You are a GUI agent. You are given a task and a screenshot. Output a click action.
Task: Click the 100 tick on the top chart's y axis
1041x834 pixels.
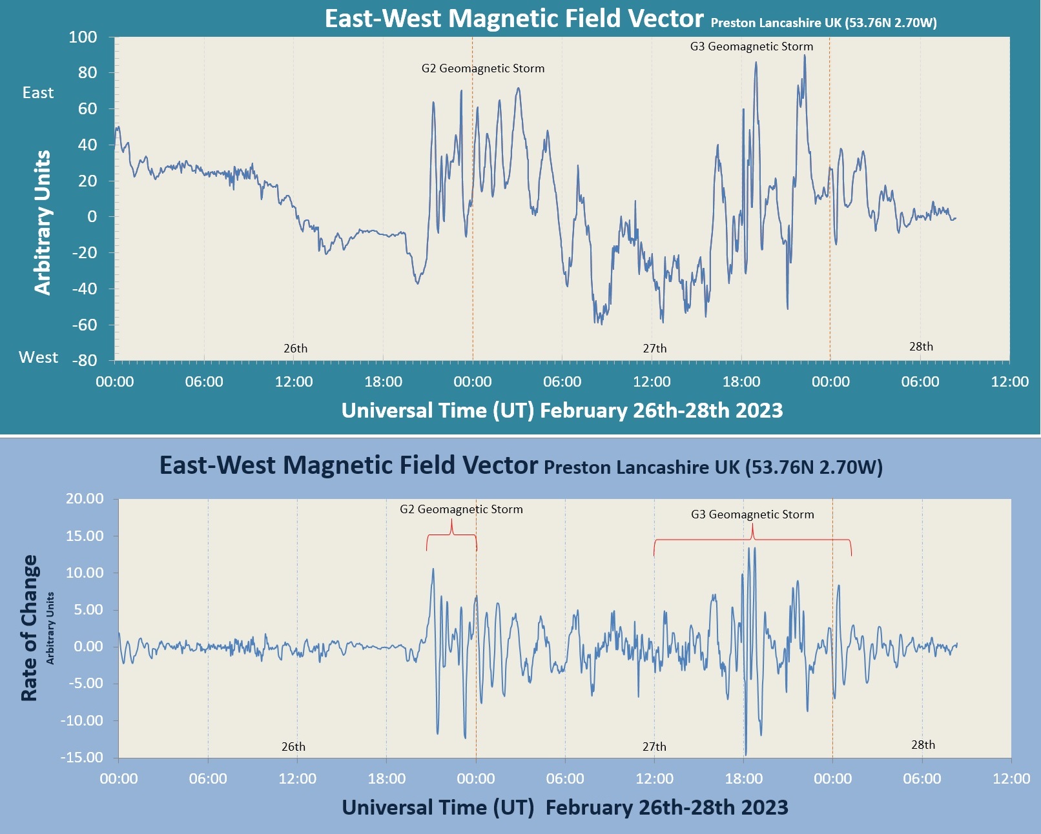click(x=83, y=37)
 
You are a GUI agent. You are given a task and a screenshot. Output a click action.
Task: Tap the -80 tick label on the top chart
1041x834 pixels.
click(x=84, y=361)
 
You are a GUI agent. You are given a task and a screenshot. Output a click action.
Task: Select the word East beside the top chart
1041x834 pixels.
click(x=38, y=93)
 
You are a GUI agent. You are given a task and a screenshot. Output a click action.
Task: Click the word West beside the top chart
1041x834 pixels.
click(x=38, y=358)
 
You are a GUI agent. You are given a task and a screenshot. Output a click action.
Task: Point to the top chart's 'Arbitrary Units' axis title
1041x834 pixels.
click(x=43, y=223)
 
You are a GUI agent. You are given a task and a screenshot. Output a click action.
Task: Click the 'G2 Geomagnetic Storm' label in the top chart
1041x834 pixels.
click(x=483, y=68)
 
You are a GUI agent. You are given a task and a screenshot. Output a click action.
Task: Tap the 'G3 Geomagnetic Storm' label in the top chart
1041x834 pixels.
click(x=752, y=46)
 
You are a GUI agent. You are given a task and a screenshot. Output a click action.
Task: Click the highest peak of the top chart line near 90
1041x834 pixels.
click(x=804, y=56)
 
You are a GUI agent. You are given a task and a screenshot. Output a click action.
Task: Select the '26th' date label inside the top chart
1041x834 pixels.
click(x=296, y=349)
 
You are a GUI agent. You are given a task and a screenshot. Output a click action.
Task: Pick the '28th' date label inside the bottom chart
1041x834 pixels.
click(x=923, y=745)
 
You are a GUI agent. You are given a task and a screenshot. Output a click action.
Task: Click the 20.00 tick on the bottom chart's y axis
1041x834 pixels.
click(x=85, y=498)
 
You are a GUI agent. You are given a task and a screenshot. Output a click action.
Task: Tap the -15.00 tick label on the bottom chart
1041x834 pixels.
click(x=81, y=757)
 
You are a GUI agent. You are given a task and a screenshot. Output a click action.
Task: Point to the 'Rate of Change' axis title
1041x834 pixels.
click(x=29, y=627)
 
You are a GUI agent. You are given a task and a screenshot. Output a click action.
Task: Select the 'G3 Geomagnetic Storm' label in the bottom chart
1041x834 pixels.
click(x=752, y=514)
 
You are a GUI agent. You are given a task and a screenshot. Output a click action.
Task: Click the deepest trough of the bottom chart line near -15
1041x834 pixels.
click(x=746, y=754)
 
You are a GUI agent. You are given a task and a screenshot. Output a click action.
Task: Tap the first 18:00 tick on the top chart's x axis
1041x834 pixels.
click(x=383, y=381)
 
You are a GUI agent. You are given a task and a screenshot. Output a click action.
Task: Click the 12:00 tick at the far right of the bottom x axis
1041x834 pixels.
click(x=1011, y=778)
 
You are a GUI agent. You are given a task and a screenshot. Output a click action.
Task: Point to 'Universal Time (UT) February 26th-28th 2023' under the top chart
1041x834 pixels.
click(x=562, y=411)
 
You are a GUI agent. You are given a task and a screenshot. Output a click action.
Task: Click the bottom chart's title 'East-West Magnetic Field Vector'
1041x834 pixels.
click(x=348, y=465)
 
